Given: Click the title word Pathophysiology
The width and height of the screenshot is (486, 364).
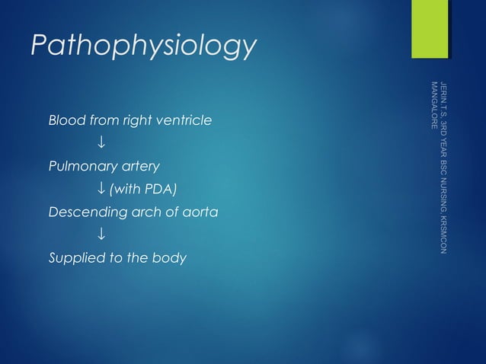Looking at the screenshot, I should click(x=143, y=47).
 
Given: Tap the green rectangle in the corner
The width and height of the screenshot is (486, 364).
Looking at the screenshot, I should click(x=430, y=29).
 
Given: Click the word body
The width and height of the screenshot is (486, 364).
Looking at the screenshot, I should click(x=170, y=257).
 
